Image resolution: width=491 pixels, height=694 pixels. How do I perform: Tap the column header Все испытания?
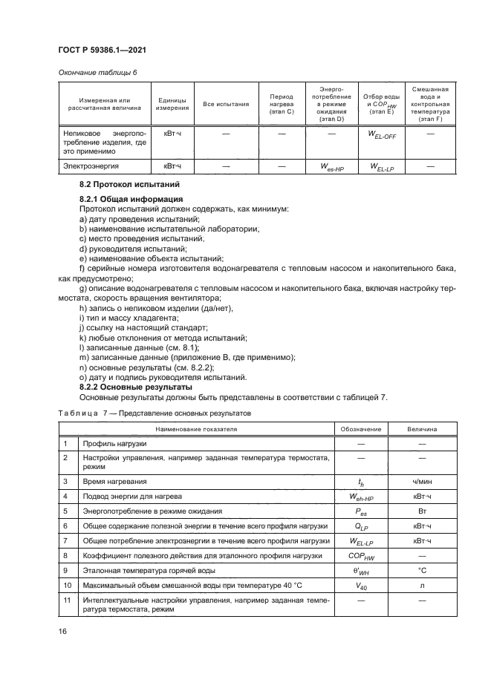click(226, 104)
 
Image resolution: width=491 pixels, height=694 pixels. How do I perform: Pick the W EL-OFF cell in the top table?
click(381, 134)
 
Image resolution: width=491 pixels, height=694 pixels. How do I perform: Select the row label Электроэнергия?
click(91, 167)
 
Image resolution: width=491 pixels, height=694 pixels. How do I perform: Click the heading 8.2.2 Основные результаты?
click(136, 387)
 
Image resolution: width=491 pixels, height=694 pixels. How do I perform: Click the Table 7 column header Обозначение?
click(360, 429)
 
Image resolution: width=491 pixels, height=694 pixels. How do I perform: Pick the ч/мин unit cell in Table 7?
click(422, 481)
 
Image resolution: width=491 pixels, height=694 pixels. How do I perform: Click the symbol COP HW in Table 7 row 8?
click(360, 554)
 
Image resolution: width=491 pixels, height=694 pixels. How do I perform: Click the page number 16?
click(63, 632)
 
